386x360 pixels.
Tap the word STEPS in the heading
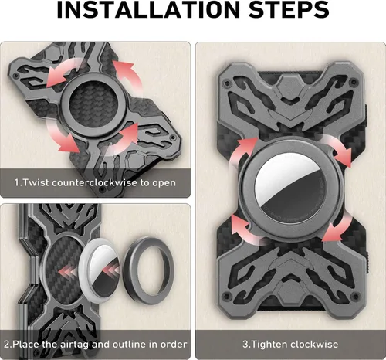(x=289, y=9)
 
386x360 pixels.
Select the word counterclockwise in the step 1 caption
(x=95, y=182)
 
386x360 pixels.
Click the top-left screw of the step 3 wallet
(x=227, y=83)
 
